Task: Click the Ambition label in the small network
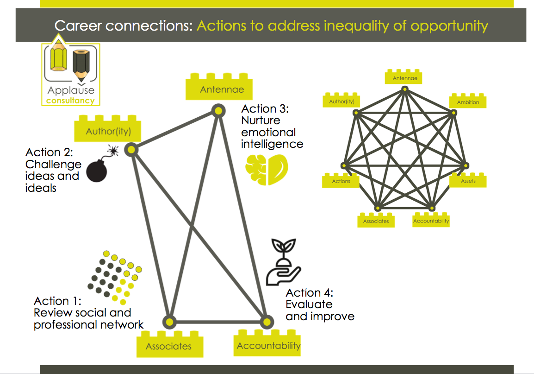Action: (468, 101)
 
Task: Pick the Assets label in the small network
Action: (468, 180)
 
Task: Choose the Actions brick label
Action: (341, 181)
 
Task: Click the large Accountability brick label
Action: (268, 346)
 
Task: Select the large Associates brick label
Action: (168, 346)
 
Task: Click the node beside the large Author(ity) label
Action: (131, 149)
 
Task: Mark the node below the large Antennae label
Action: (217, 110)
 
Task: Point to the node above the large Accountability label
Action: (266, 321)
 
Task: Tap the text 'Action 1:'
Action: (57, 301)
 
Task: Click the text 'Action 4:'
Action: (309, 293)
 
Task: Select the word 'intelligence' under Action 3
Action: (272, 144)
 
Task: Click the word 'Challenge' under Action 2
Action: (53, 164)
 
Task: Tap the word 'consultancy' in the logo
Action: (70, 101)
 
